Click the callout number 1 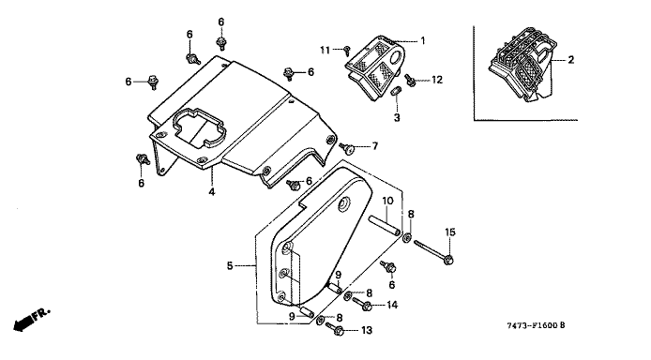[423, 40]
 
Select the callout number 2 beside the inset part [571, 60]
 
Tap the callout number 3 [397, 118]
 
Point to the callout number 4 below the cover [212, 192]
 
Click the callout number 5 [230, 265]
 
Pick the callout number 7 [375, 146]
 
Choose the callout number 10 [387, 202]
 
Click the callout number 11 [325, 51]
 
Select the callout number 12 [437, 79]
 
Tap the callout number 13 [367, 331]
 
